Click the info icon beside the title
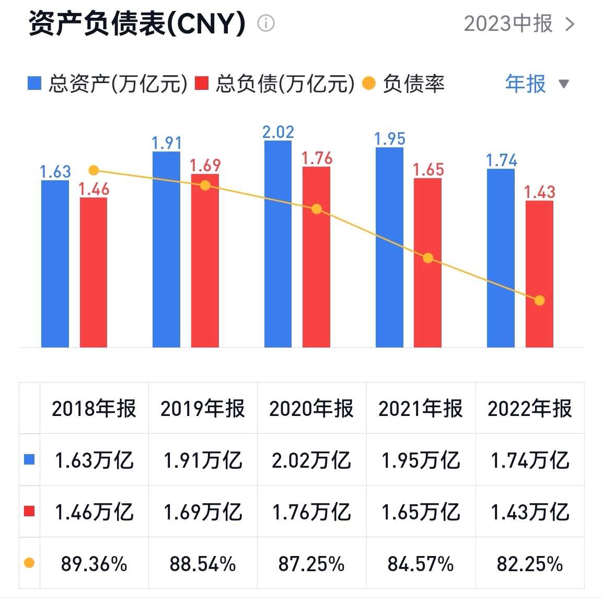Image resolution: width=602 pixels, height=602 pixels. tap(266, 24)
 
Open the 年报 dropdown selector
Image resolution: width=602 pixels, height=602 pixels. tap(536, 84)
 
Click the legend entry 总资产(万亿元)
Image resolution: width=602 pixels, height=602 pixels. tap(108, 84)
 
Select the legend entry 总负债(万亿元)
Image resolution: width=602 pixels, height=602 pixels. tap(275, 84)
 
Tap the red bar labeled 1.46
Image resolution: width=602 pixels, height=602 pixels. tap(94, 272)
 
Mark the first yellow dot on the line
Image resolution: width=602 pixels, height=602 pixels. tap(94, 170)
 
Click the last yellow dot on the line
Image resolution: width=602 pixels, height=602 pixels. tap(539, 300)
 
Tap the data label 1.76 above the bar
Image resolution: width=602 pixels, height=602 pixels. tap(317, 158)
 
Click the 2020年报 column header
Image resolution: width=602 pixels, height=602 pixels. tap(311, 409)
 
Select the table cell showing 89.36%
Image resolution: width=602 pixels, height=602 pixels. tap(94, 564)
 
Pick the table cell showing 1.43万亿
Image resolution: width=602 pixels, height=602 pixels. tap(530, 512)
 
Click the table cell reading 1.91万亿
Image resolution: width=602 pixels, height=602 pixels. tap(203, 460)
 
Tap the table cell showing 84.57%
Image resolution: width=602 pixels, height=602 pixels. tap(421, 564)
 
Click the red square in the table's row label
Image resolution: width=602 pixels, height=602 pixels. tap(29, 512)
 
